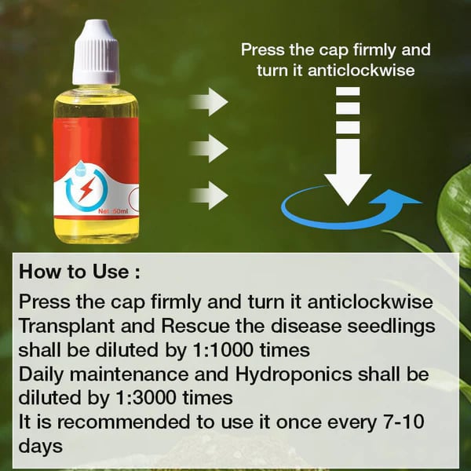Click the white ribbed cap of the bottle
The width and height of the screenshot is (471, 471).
point(96,53)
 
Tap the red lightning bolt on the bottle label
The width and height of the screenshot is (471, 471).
point(86,189)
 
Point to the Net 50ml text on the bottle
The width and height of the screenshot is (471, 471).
point(113,211)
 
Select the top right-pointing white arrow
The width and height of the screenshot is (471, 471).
point(209,102)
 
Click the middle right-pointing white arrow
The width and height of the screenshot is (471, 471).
point(209,148)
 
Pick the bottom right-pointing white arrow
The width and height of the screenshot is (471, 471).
point(209,195)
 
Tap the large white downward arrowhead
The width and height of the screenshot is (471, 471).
point(348,188)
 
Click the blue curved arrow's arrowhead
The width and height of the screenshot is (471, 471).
point(396,198)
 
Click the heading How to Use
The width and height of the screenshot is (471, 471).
point(79,272)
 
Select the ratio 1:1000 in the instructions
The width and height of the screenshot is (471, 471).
point(223,349)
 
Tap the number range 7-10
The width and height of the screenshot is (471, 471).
point(403,422)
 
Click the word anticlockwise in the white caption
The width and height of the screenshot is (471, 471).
point(361,71)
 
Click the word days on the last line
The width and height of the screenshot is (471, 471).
point(41,447)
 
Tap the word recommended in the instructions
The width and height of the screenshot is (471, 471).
point(123,422)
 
